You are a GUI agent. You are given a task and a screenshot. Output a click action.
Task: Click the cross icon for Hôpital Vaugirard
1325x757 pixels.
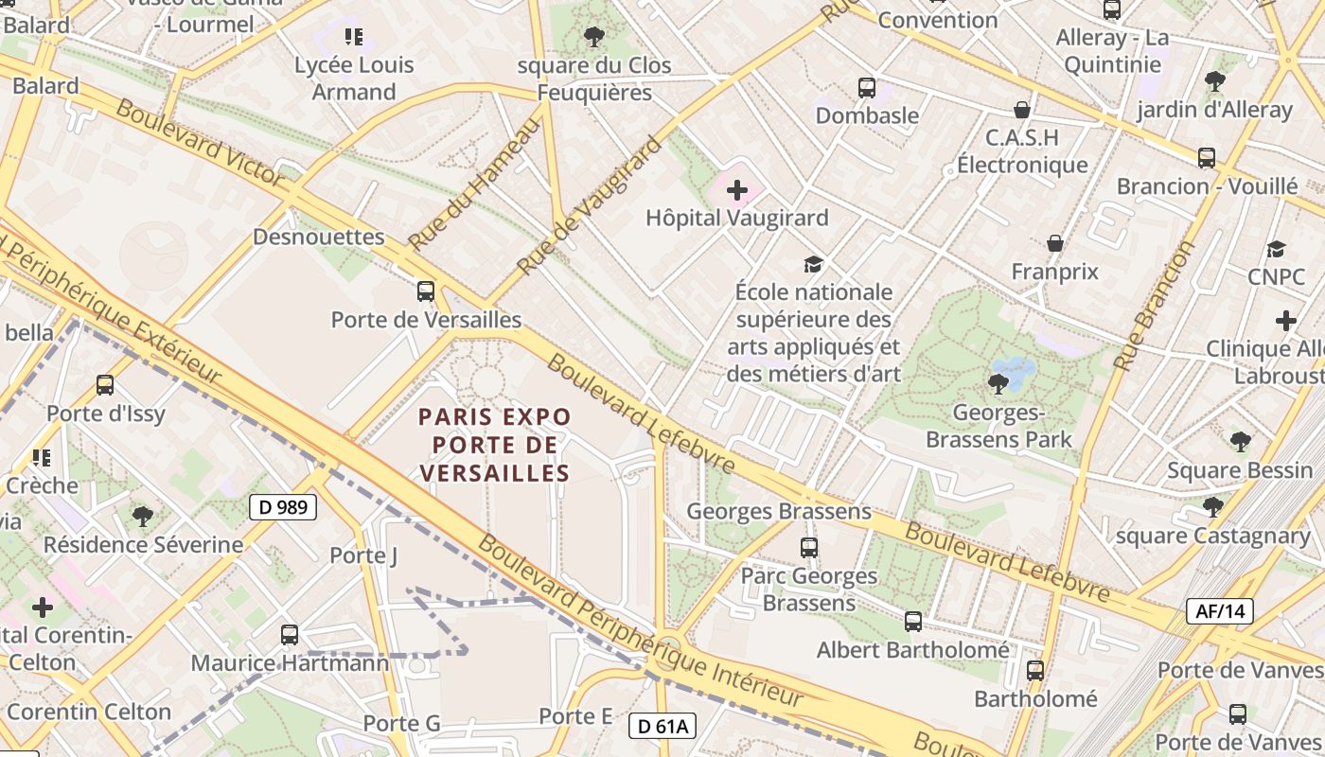737,190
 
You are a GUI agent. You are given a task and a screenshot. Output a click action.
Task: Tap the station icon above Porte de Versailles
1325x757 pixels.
426,291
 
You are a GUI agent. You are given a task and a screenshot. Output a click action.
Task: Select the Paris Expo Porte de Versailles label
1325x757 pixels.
495,445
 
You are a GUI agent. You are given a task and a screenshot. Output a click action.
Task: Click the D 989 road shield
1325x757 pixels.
283,507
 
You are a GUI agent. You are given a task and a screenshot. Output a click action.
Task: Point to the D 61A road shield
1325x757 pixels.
662,727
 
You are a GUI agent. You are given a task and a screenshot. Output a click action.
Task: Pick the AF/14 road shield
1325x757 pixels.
1220,611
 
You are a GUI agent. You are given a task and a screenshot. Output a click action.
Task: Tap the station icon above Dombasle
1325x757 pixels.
866,88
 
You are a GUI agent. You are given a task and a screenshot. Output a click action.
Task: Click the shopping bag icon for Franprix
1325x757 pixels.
1055,244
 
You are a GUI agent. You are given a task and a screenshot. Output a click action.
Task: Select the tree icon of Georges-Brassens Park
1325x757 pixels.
998,383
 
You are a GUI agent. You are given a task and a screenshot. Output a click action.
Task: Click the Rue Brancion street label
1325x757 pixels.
1155,306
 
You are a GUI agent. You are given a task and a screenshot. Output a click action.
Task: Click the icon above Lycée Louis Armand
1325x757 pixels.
354,37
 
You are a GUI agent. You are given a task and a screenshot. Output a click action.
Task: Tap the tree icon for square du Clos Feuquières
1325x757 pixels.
594,37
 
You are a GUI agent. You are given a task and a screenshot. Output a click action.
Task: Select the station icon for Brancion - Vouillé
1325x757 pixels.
1207,158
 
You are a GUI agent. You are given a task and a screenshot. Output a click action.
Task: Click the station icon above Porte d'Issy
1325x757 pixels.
105,385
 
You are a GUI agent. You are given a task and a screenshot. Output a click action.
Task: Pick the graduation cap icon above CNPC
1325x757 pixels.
1276,249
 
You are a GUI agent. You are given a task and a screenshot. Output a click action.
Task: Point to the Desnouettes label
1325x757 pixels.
319,237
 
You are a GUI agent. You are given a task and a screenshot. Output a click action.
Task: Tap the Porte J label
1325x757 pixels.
363,555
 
